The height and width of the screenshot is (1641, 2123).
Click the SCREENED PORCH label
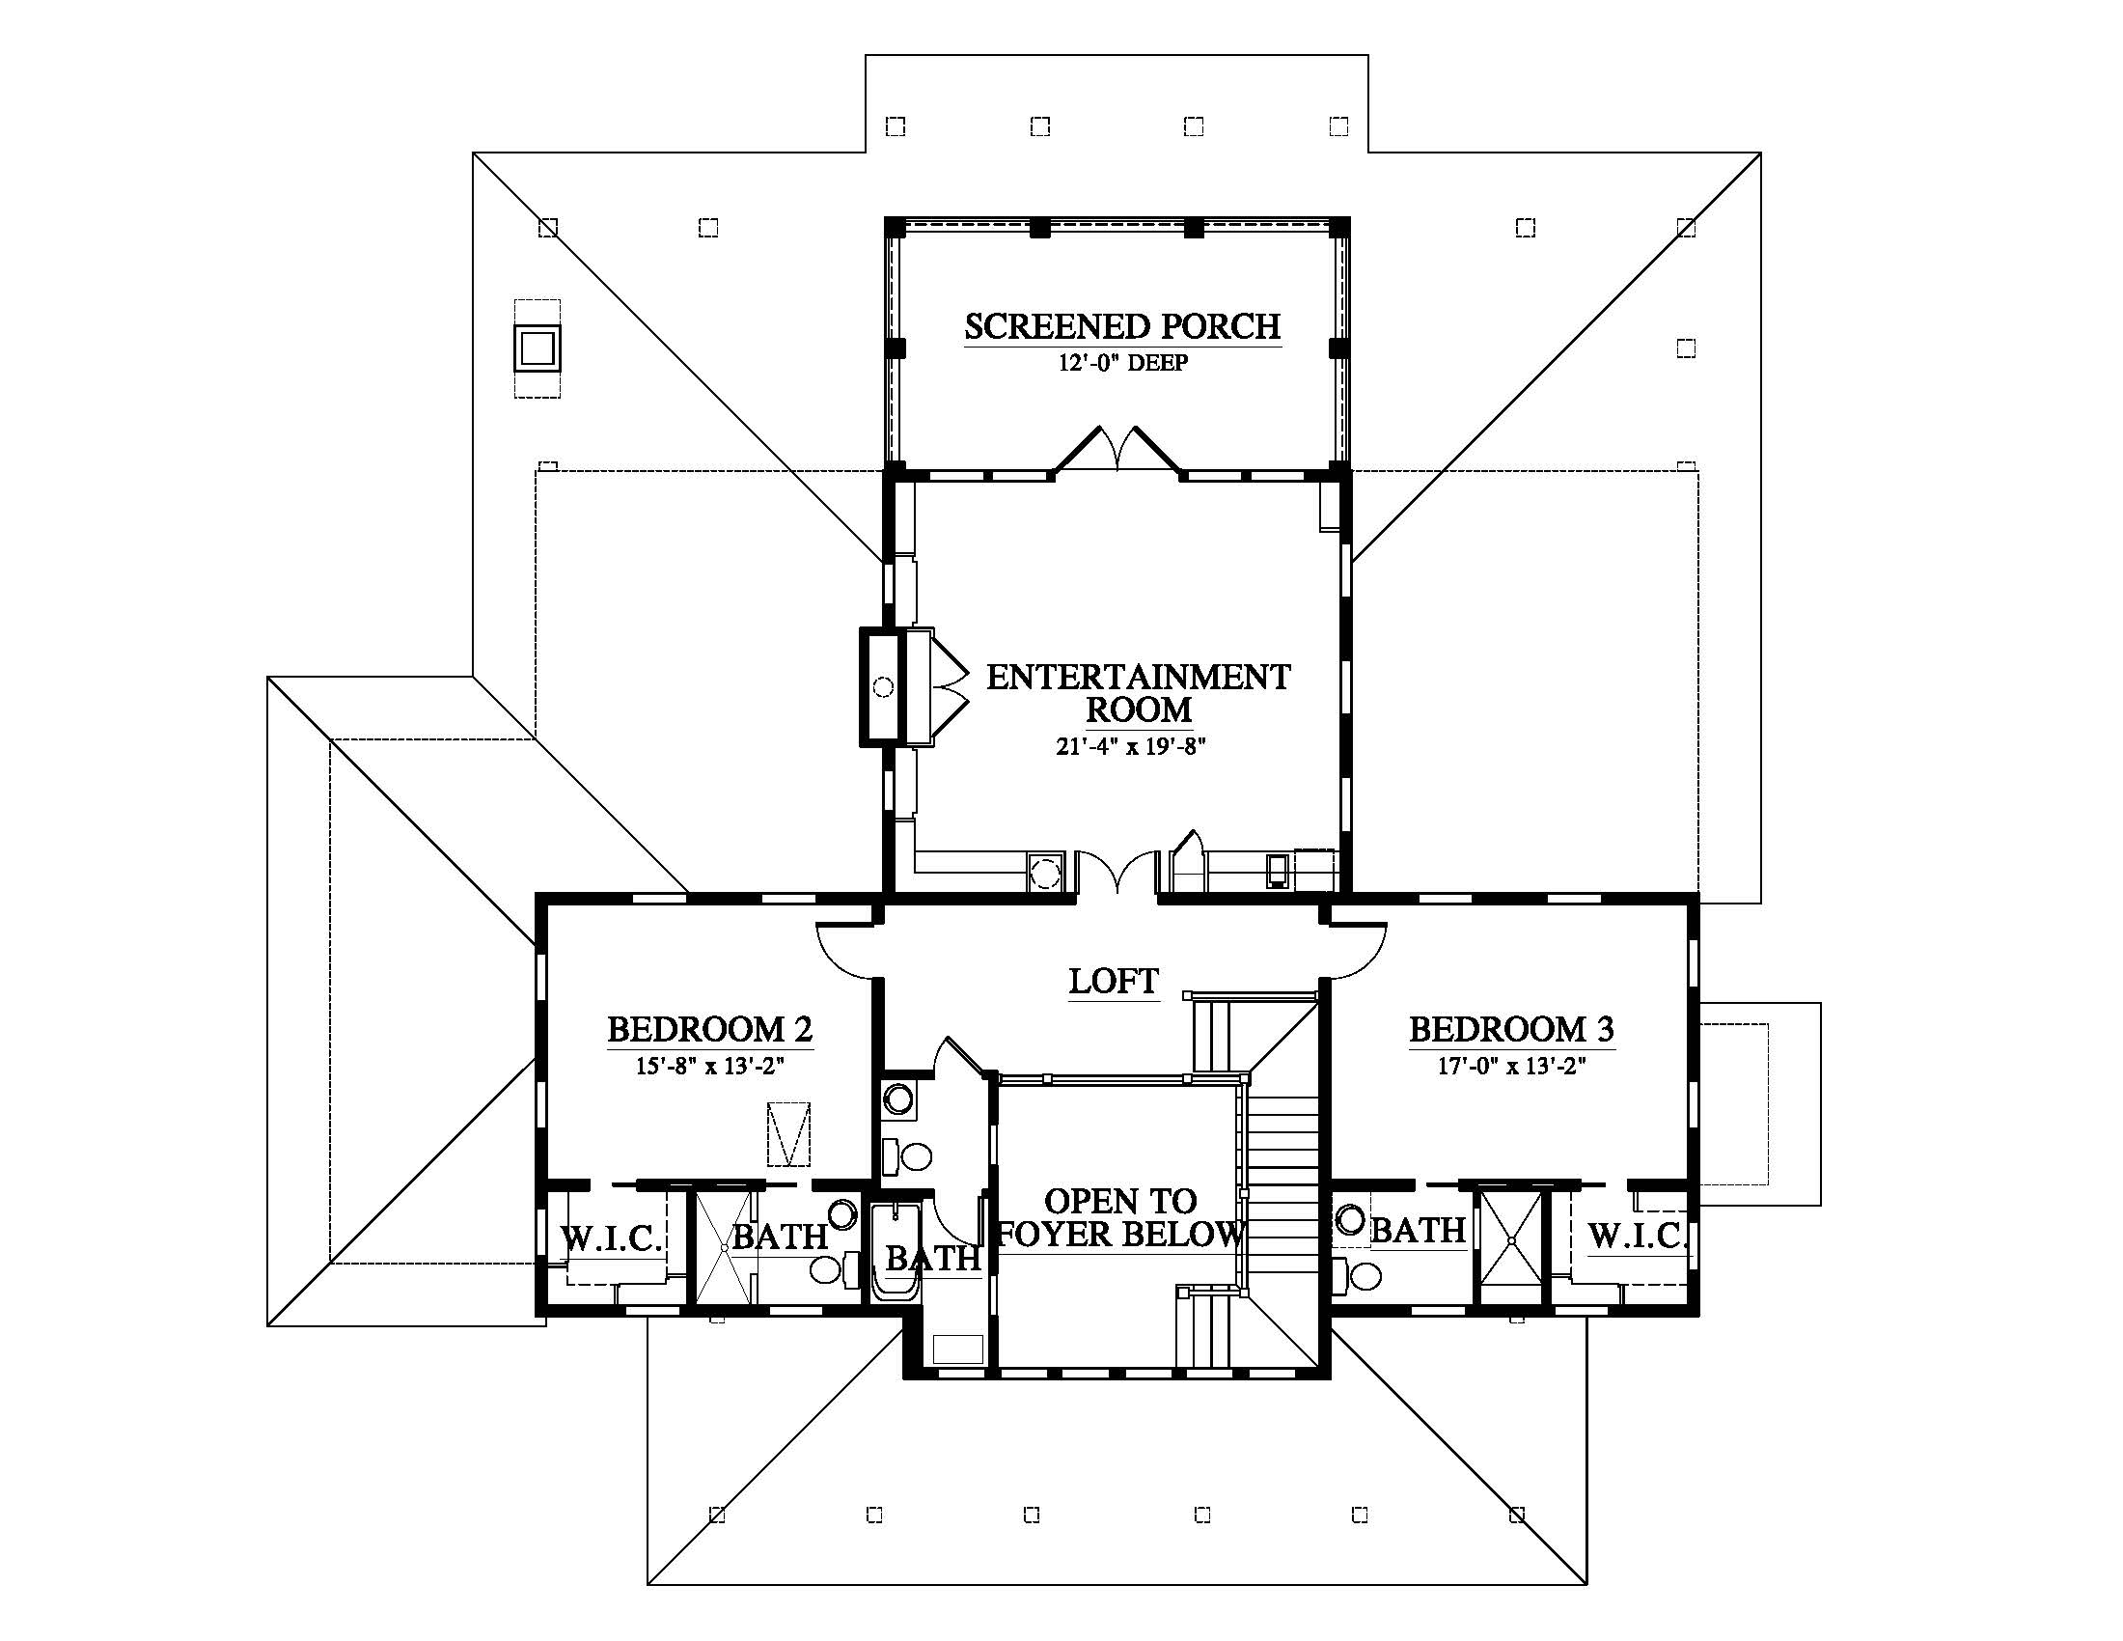point(1122,326)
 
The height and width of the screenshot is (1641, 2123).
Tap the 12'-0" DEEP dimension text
point(1122,364)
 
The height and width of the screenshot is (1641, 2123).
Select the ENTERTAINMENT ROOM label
point(1139,692)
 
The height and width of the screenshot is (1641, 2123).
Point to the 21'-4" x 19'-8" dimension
point(1131,746)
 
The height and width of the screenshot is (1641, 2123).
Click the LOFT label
point(1114,981)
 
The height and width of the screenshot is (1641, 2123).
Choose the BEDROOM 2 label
point(709,1029)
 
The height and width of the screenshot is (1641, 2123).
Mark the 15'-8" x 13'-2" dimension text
point(709,1066)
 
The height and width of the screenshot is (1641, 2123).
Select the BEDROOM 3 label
point(1511,1029)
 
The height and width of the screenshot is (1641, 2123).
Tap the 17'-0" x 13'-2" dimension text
point(1511,1066)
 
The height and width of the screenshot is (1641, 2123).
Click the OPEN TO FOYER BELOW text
point(1120,1217)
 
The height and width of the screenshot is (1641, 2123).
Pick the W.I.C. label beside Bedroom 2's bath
point(612,1238)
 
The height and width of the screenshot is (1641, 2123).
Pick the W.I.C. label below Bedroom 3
point(1638,1236)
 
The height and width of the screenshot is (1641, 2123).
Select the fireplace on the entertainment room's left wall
point(897,687)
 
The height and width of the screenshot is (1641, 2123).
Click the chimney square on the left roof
point(538,348)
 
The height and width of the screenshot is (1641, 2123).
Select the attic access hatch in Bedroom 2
point(788,1133)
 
